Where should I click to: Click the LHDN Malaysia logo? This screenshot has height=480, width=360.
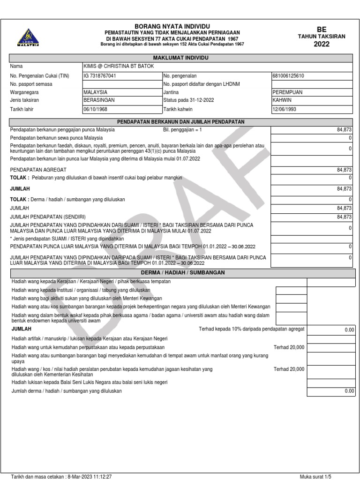(28, 37)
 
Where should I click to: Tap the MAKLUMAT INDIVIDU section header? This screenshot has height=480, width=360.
(181, 58)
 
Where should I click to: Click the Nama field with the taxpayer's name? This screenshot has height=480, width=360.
(118, 67)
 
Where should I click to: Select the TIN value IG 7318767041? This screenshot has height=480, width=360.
(100, 75)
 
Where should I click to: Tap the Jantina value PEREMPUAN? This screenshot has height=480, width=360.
(288, 92)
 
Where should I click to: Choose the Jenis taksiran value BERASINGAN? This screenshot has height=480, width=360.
(99, 101)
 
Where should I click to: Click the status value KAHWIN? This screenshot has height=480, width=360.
(282, 101)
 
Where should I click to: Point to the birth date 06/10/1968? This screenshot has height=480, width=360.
(96, 110)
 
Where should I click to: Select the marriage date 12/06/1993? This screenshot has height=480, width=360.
(284, 110)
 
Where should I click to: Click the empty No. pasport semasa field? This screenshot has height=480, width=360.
(121, 84)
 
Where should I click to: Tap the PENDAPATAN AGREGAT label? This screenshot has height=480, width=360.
(38, 169)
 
